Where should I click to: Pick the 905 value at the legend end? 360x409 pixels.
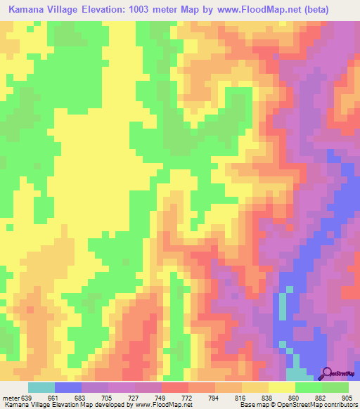[x=348, y=398]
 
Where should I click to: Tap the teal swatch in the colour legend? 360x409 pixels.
[x=41, y=387]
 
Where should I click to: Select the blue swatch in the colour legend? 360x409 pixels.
[x=68, y=387]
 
